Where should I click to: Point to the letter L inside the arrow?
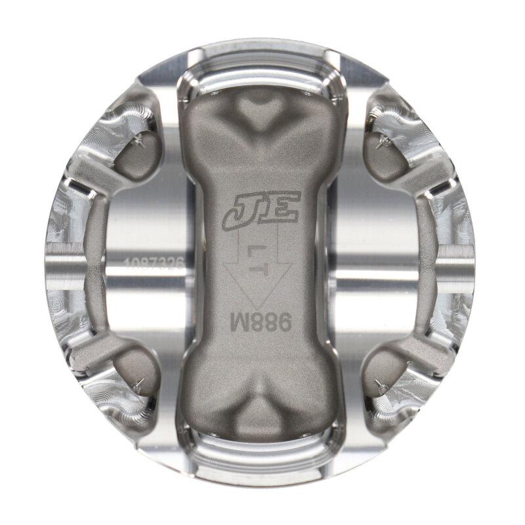[261, 251]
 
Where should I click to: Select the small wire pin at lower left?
[139, 385]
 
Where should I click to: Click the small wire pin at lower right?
[380, 385]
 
